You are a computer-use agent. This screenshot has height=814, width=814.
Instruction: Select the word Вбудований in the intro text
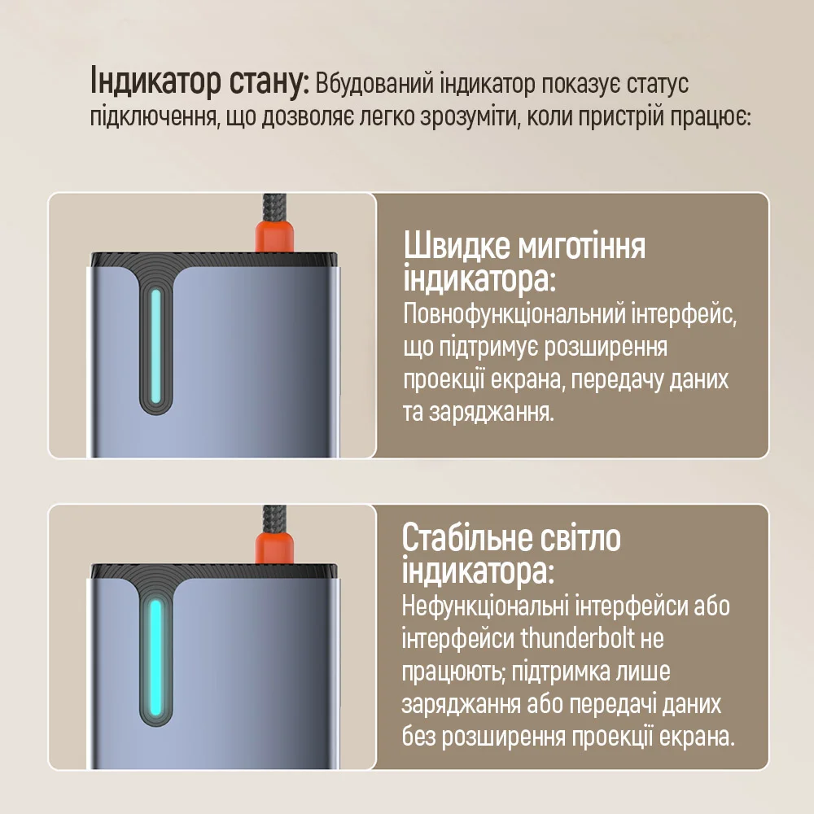tap(374, 84)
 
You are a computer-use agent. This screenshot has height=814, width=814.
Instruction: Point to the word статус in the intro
tap(657, 85)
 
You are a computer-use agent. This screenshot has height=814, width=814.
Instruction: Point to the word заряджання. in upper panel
tap(492, 414)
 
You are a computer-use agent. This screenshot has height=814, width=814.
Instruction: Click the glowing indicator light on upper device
tap(155, 346)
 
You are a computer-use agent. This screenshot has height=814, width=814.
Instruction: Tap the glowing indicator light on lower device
tap(155, 658)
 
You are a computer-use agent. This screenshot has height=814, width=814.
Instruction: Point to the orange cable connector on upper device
tap(274, 236)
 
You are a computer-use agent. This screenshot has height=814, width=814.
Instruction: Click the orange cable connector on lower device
tap(274, 547)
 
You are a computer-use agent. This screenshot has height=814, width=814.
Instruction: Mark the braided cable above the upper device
tap(274, 207)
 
